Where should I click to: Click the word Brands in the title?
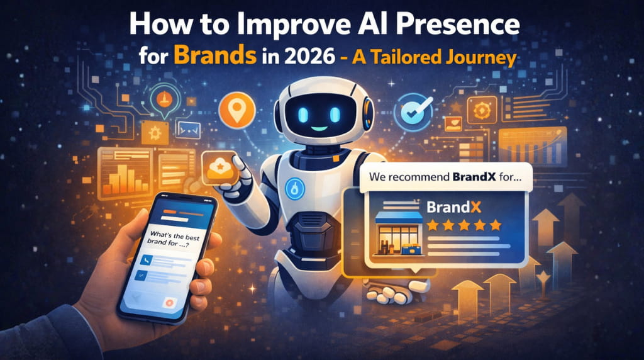214,56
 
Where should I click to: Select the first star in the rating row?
433,224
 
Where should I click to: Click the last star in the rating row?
495,224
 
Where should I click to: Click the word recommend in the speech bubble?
420,177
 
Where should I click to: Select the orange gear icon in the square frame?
481,108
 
